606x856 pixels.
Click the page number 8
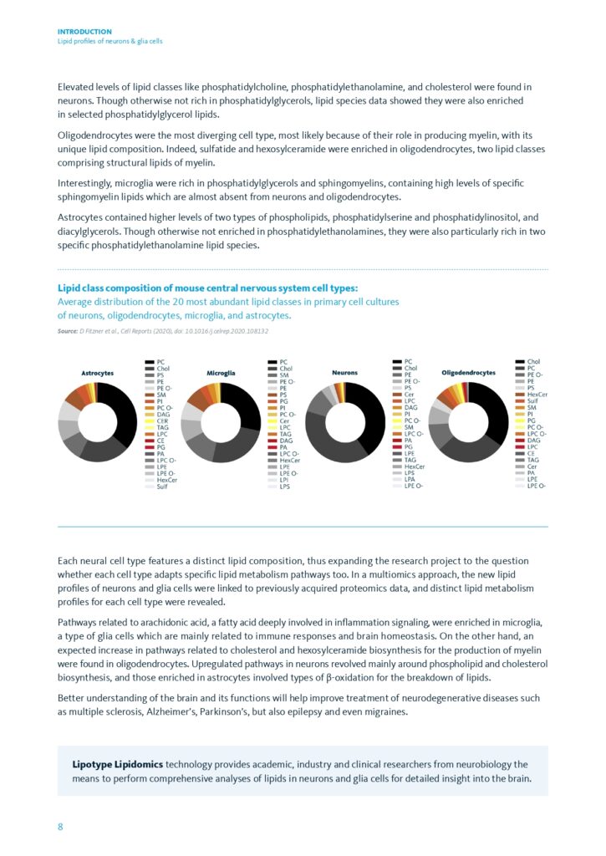(60, 827)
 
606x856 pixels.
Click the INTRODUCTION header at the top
(84, 32)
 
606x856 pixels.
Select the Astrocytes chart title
(98, 372)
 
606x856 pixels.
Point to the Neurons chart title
(346, 372)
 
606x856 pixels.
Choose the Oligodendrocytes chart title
(468, 372)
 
